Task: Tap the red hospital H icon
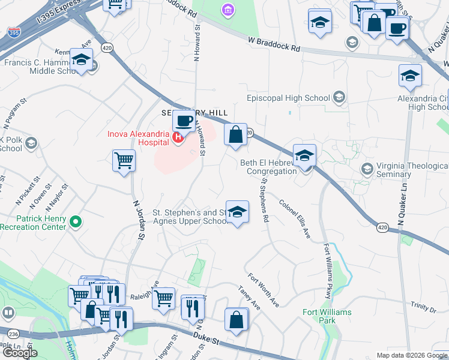[178, 138]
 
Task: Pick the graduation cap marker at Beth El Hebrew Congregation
[304, 155]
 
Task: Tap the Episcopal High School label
[289, 98]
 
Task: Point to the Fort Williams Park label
[327, 316]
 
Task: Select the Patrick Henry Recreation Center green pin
[76, 223]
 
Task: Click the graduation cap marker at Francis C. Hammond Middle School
[80, 60]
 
